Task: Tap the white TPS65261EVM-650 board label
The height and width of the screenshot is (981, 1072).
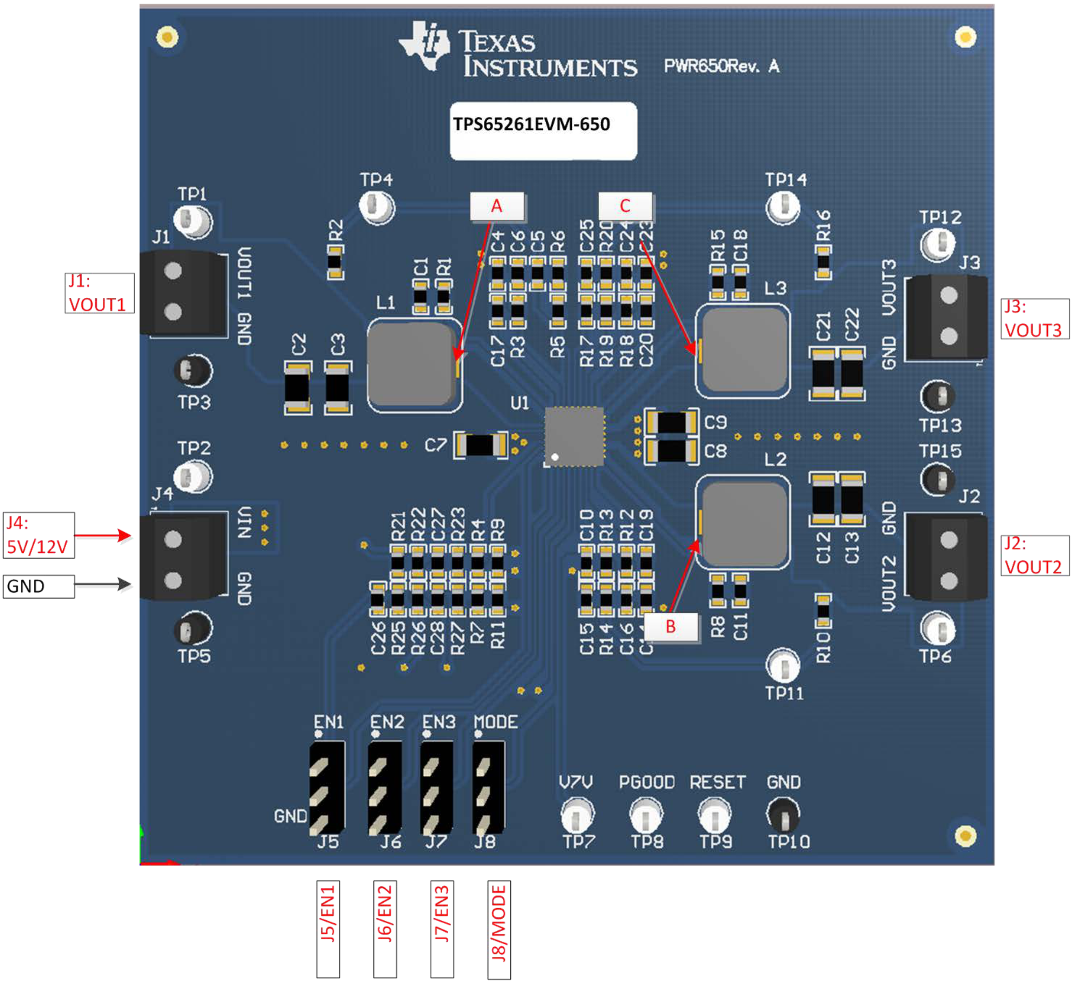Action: (x=543, y=131)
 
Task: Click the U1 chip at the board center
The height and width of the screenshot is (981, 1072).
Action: (x=574, y=436)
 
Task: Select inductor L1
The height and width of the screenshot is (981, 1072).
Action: (x=414, y=365)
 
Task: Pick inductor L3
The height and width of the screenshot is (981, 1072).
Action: (x=743, y=351)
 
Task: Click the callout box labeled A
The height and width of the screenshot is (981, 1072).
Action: (x=497, y=206)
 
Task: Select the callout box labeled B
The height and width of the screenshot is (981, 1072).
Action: (x=671, y=627)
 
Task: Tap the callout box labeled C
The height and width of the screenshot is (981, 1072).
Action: (x=625, y=206)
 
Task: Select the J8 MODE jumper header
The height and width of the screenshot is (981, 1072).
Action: (x=488, y=788)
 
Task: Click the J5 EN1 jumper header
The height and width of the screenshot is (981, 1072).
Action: (x=326, y=788)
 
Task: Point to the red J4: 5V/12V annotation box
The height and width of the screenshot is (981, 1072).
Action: (x=38, y=535)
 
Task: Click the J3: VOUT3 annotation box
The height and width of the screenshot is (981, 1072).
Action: (x=1034, y=319)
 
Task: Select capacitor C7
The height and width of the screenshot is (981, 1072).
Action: (x=480, y=445)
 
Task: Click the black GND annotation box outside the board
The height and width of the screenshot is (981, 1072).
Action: (x=38, y=587)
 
